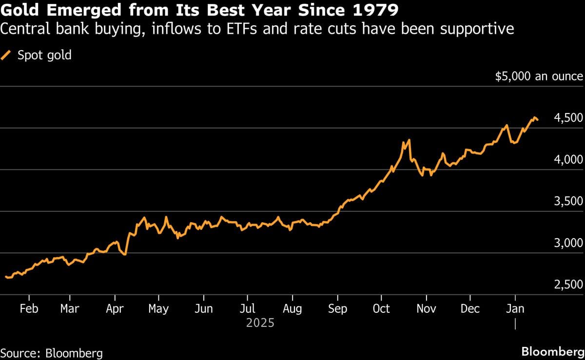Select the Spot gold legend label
coord(44,55)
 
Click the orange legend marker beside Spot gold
coord(7,55)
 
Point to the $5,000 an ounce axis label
coord(539,76)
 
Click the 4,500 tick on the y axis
coord(568,118)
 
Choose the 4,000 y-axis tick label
coord(568,160)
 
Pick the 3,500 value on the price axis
coord(568,202)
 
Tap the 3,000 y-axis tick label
coord(568,243)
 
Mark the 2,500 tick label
coord(568,285)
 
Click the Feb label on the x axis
coord(29,309)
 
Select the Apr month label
coord(115,309)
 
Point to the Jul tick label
coord(247,309)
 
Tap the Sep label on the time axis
coord(337,309)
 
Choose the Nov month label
coord(426,309)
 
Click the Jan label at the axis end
coord(515,309)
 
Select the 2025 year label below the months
coord(260,323)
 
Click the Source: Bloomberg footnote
coord(52,353)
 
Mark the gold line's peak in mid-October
coord(409,140)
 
